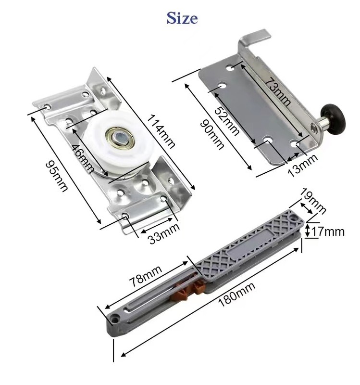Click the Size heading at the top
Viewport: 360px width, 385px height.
click(x=182, y=18)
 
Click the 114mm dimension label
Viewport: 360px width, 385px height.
click(x=161, y=131)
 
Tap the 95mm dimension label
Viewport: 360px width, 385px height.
click(x=57, y=176)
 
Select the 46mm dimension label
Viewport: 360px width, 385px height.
click(x=83, y=159)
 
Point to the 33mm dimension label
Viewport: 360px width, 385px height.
click(x=164, y=233)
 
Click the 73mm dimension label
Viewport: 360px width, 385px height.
click(x=278, y=91)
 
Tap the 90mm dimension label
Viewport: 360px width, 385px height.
click(x=212, y=134)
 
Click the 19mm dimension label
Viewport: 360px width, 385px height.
click(x=314, y=201)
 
